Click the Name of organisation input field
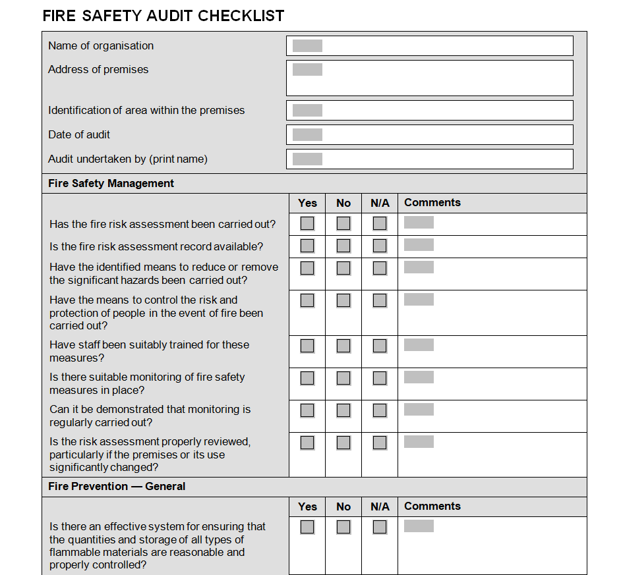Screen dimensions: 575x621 [x=429, y=45]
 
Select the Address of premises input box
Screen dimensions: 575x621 [x=429, y=78]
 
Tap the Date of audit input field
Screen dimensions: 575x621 [x=429, y=134]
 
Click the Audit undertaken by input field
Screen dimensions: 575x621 [x=429, y=159]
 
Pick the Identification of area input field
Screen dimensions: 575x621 [x=429, y=110]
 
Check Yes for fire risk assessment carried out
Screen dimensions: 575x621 [x=307, y=223]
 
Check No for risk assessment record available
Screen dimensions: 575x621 [x=343, y=246]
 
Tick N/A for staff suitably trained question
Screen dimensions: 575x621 [x=380, y=346]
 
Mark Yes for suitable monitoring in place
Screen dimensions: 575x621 [x=307, y=378]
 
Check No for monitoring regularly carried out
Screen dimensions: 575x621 [x=343, y=410]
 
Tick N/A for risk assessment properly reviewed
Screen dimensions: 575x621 [x=380, y=443]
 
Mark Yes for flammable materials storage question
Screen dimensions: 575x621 [x=307, y=527]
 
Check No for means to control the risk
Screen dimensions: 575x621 [x=343, y=300]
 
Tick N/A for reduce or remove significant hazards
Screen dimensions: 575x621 [x=380, y=268]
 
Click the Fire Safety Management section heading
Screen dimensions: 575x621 [x=111, y=183]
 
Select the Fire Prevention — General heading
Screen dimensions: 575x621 [x=117, y=486]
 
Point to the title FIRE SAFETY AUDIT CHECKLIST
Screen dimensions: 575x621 [x=163, y=16]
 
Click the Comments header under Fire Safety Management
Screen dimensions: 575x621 [x=432, y=203]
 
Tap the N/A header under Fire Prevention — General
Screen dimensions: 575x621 [x=380, y=507]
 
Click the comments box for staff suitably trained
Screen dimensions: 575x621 [x=491, y=351]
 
